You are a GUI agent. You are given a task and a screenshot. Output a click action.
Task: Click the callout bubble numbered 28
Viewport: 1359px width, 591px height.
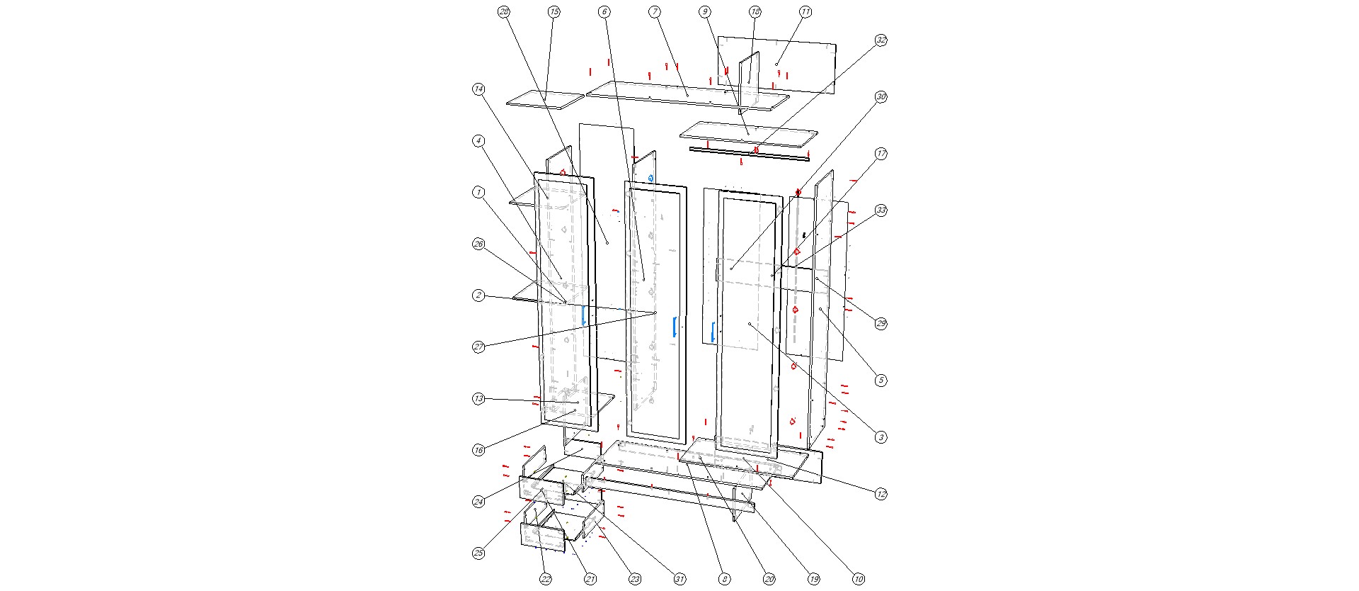tap(504, 11)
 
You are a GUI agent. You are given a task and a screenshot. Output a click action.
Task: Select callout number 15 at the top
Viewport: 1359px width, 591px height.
tap(554, 11)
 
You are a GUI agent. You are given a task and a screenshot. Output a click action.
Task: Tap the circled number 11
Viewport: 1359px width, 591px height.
tap(805, 11)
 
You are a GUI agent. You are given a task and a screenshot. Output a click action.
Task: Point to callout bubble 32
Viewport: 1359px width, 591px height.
tap(881, 40)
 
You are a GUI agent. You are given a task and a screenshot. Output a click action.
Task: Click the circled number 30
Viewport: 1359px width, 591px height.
tap(881, 97)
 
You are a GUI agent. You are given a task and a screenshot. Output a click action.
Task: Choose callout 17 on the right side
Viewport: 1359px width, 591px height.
tap(881, 154)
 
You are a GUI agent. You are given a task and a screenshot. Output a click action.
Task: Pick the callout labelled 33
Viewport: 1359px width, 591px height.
tap(881, 210)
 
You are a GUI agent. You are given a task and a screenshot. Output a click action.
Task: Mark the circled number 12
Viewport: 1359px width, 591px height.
tap(881, 494)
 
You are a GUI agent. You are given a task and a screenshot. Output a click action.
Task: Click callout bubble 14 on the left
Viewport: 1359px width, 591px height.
tap(479, 89)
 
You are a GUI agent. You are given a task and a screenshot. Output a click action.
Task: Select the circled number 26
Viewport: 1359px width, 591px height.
tap(479, 244)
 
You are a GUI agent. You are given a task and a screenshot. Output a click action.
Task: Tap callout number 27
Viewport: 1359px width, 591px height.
tap(479, 347)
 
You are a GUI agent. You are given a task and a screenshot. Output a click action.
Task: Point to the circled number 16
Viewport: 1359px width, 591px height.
tap(479, 451)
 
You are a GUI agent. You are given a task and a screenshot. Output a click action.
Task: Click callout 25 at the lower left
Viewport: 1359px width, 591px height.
tap(479, 553)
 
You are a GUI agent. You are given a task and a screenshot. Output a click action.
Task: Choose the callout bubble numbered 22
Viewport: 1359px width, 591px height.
tap(546, 579)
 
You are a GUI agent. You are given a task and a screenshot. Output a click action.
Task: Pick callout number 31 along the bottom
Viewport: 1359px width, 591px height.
tap(679, 579)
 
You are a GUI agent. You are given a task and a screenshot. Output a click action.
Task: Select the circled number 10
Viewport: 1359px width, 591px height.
tap(859, 579)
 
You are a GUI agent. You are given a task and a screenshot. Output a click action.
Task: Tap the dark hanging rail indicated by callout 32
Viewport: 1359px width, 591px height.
tap(749, 153)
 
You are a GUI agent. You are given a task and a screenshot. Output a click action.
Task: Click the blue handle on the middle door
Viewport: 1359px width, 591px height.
tap(675, 327)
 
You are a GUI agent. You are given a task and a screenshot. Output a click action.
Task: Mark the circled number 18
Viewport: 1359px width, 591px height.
tap(755, 11)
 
